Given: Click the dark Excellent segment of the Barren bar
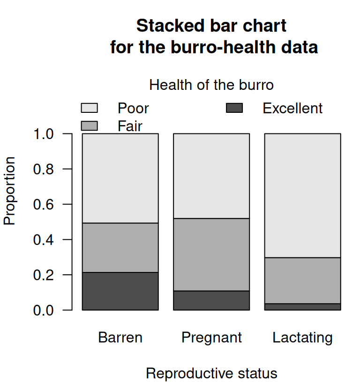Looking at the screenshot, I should tap(120, 291).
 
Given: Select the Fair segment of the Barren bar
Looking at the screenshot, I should tap(120, 248).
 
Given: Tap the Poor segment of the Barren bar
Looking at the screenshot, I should tap(120, 178).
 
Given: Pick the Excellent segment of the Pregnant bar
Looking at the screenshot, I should tap(211, 301).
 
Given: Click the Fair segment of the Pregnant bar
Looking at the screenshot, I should tap(211, 255).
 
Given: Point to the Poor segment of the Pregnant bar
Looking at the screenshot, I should tap(211, 176).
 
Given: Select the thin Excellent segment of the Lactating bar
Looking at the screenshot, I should tap(303, 307).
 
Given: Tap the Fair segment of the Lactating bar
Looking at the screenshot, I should tap(303, 280).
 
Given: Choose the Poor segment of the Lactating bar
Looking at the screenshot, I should tap(303, 196).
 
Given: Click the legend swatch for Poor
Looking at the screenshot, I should tap(90, 108).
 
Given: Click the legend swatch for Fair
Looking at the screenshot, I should tap(90, 126).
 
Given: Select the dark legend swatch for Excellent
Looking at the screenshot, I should tap(234, 108).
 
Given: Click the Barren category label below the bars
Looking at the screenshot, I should tap(120, 338).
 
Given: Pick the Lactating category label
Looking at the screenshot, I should tap(303, 338).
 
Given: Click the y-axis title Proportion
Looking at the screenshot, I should tap(10, 191).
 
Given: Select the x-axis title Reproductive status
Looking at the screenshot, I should tap(211, 374).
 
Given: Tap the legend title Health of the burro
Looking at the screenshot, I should tap(211, 85).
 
